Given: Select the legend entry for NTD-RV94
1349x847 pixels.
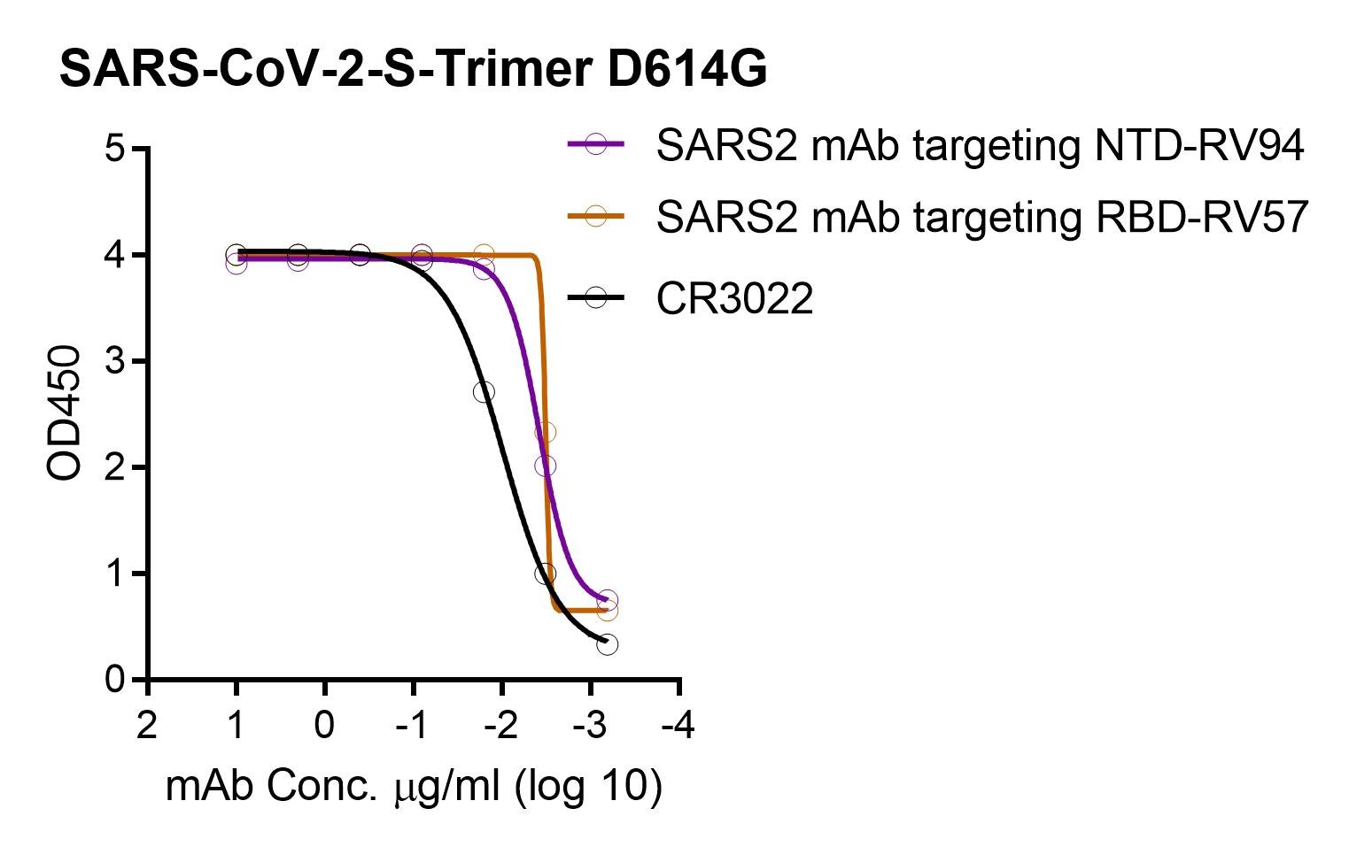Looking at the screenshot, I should tap(979, 146).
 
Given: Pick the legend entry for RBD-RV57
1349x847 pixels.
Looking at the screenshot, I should tap(981, 217).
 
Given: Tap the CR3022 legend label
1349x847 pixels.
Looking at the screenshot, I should tap(734, 299).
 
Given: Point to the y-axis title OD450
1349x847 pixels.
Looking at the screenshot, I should tap(65, 413).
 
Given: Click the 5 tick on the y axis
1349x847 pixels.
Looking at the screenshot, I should tap(115, 149).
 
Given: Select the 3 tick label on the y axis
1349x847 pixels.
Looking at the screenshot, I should tap(115, 361).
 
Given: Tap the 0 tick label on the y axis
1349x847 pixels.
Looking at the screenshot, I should tap(115, 680).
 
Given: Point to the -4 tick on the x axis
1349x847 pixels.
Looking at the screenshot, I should tap(678, 727).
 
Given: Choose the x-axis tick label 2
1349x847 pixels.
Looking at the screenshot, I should tap(147, 727).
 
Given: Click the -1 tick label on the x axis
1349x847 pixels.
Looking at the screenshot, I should tap(412, 727).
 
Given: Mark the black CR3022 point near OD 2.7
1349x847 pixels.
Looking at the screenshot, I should tap(484, 392).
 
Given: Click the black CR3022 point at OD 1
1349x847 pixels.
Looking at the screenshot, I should tap(546, 574).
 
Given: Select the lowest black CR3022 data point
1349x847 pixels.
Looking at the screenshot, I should tap(607, 644).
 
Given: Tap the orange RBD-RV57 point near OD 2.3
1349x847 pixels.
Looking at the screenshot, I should tap(546, 433).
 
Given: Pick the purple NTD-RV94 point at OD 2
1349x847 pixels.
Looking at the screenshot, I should tap(546, 466).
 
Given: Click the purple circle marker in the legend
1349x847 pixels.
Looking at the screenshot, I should tap(596, 144).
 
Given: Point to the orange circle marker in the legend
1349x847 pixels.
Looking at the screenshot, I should tap(596, 216).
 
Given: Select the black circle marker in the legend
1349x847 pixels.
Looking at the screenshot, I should tap(596, 298).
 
